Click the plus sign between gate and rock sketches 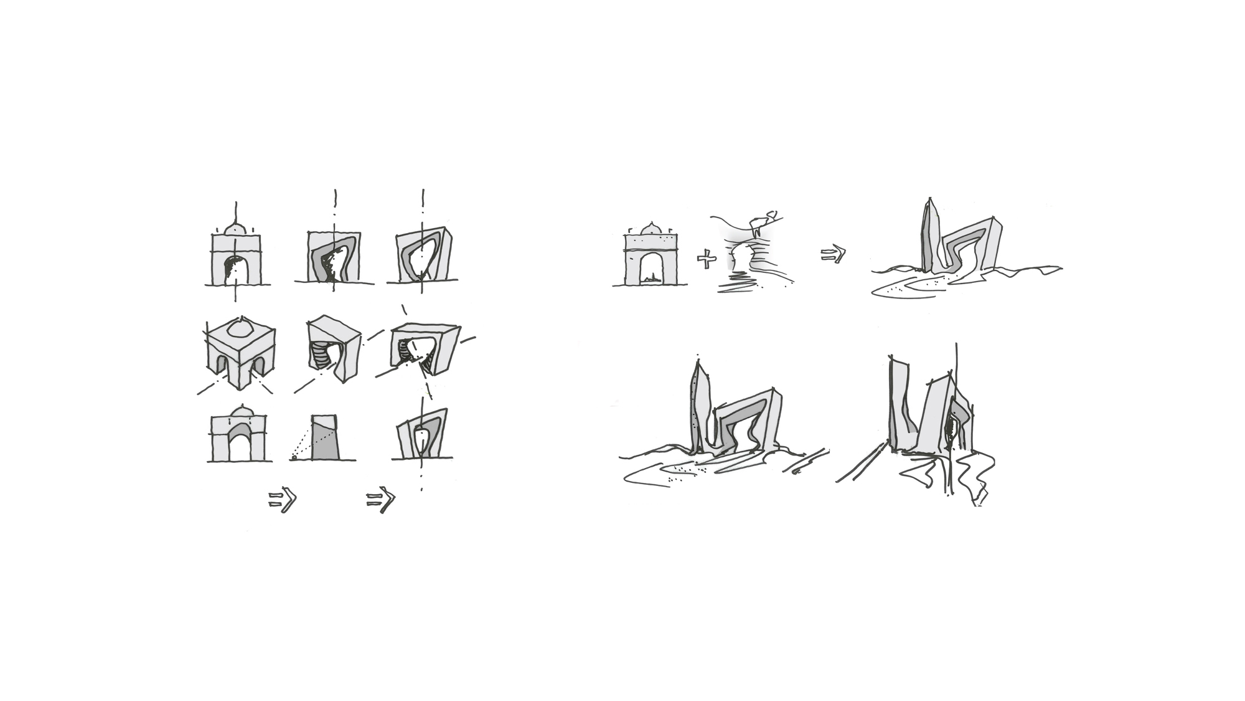[x=707, y=259]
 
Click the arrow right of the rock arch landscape [x=834, y=254]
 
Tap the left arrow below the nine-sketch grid [x=283, y=500]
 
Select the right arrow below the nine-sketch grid [x=380, y=499]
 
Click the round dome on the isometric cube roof [x=240, y=329]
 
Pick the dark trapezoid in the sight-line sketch [x=324, y=439]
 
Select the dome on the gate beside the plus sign [x=651, y=229]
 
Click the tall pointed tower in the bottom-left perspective [x=698, y=405]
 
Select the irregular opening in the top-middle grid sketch [x=336, y=260]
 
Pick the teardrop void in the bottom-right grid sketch [x=422, y=440]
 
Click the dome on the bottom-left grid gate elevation [x=240, y=411]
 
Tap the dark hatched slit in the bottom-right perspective [x=951, y=430]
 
